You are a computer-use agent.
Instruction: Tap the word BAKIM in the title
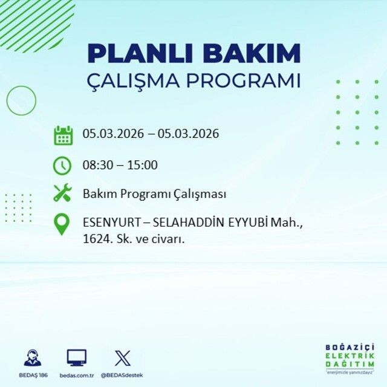252,53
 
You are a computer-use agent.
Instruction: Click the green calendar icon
63,135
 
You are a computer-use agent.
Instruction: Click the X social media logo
122,358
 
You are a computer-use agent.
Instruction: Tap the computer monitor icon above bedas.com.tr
76,358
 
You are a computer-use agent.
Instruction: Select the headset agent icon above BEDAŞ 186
33,358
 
